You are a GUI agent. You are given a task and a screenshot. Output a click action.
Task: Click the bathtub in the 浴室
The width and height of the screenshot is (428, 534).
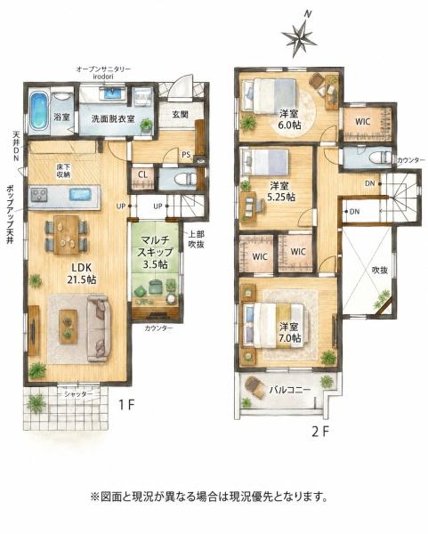(38, 110)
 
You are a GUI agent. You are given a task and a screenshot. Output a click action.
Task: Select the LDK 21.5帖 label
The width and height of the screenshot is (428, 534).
(81, 273)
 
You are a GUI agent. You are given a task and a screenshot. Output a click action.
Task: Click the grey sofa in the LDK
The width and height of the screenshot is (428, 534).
(99, 328)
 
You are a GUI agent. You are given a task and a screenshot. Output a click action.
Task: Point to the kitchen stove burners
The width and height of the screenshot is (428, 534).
(39, 195)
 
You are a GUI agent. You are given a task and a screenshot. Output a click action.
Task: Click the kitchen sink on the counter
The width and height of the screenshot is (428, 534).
(80, 195)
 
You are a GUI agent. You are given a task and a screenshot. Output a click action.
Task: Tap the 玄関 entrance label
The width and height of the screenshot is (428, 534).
(180, 115)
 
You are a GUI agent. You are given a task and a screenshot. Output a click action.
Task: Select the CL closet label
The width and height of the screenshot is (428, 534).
(143, 174)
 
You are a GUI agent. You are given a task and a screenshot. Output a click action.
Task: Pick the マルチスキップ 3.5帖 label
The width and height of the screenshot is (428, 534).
(155, 252)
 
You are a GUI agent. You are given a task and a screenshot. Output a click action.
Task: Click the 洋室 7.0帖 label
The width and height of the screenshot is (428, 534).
(290, 333)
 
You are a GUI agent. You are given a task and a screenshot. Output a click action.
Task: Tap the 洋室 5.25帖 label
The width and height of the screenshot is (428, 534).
(281, 191)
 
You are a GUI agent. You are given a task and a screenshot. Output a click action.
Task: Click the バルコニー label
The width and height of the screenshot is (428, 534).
(290, 389)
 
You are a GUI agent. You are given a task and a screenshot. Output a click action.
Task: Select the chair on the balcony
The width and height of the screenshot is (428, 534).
(254, 387)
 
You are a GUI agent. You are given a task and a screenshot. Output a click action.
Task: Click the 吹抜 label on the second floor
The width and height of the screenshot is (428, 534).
(380, 270)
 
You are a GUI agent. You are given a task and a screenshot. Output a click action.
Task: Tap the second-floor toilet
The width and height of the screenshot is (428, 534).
(381, 158)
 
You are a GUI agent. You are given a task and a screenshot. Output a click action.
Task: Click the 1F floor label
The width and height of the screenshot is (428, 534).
(126, 405)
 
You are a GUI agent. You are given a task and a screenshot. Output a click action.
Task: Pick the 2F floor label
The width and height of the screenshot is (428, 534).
(320, 432)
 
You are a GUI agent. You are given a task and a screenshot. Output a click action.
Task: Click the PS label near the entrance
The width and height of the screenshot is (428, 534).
(186, 155)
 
